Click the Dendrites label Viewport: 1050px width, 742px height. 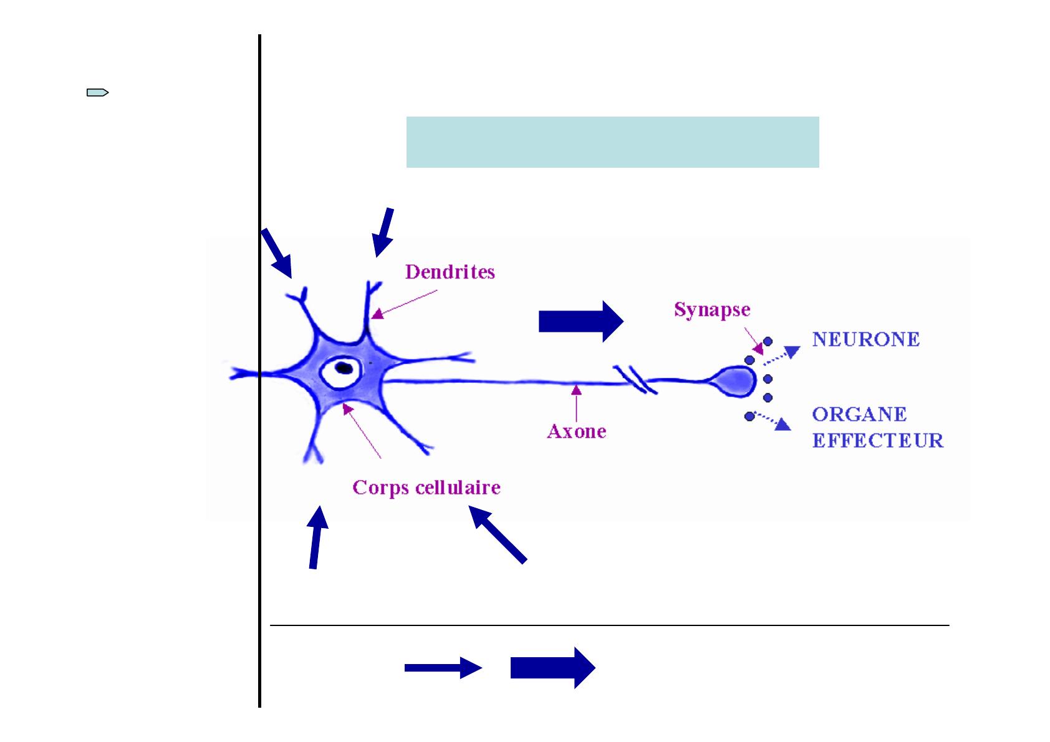[x=450, y=272]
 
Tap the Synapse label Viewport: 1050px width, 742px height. [x=711, y=310]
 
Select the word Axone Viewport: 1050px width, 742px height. [x=576, y=431]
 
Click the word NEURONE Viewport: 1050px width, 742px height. [x=865, y=340]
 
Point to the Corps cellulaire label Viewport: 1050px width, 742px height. [x=426, y=487]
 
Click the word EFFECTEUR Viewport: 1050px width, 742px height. [x=877, y=441]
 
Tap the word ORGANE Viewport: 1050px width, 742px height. [x=859, y=415]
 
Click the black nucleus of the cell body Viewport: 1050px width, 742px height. [x=342, y=368]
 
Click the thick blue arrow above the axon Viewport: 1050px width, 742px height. [x=580, y=322]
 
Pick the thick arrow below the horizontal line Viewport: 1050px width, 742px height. [x=552, y=668]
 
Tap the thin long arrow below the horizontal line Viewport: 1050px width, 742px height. [x=443, y=668]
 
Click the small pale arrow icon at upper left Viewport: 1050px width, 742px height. [x=97, y=94]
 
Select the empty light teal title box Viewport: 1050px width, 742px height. [x=612, y=142]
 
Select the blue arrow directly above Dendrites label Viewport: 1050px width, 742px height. [x=383, y=232]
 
